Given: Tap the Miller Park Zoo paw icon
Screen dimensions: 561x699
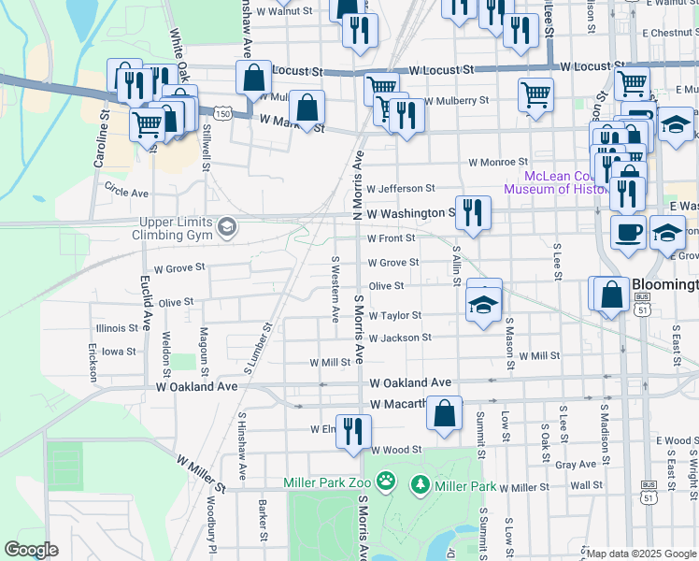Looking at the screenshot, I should click(x=387, y=483).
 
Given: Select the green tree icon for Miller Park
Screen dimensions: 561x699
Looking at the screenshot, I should click(x=421, y=484).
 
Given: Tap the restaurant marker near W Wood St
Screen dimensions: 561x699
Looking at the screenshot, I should click(x=353, y=431).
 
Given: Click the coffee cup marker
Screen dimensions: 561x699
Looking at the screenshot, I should click(x=628, y=231).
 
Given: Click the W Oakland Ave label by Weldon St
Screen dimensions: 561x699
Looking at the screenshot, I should click(x=197, y=386).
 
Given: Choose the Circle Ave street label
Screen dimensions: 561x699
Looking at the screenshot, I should click(x=127, y=193).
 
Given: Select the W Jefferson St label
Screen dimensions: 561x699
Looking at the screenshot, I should click(x=401, y=188).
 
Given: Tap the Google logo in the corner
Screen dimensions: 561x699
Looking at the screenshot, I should click(x=31, y=549).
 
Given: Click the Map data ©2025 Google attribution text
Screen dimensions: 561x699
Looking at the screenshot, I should click(x=639, y=554).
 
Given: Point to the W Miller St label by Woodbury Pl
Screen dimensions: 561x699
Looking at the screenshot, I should click(x=202, y=474).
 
